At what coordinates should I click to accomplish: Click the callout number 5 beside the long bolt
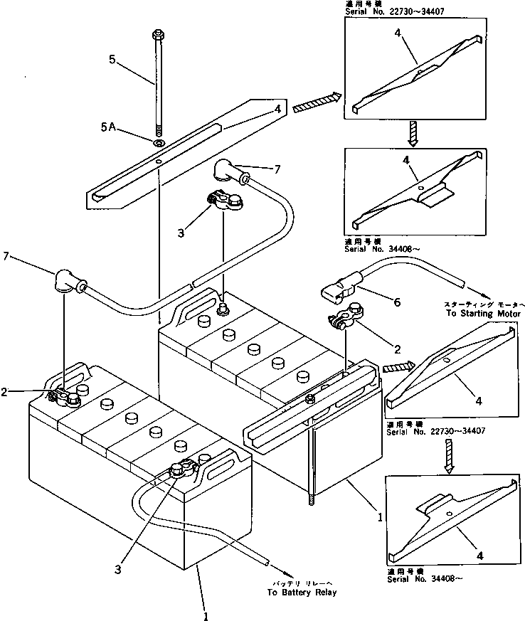pyautogui.click(x=112, y=61)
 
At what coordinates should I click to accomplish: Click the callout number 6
pyautogui.click(x=396, y=302)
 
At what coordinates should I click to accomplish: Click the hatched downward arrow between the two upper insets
pyautogui.click(x=413, y=132)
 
